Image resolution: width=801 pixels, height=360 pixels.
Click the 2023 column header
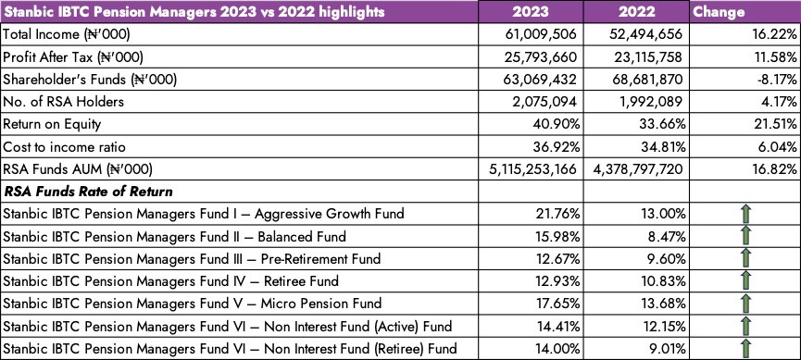(x=531, y=12)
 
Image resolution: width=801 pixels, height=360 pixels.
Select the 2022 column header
(x=636, y=12)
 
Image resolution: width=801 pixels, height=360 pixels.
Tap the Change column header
(x=719, y=12)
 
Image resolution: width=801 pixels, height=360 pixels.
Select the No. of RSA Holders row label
(x=64, y=102)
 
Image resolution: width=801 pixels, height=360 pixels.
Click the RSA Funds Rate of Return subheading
(x=88, y=192)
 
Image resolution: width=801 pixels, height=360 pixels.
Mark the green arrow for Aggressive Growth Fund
(x=745, y=214)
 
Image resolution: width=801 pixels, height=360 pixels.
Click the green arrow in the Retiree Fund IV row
(x=745, y=280)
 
